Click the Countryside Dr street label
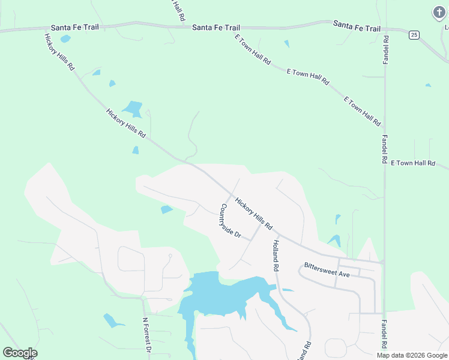click(x=230, y=222)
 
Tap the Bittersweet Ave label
click(x=327, y=269)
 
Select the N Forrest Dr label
click(x=146, y=335)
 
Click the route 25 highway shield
click(x=414, y=35)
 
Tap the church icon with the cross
click(x=439, y=12)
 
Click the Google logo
click(x=20, y=353)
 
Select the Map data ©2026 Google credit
click(x=412, y=355)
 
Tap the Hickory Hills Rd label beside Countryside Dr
click(x=254, y=214)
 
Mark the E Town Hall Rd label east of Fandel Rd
click(x=412, y=163)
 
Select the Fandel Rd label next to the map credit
click(x=384, y=334)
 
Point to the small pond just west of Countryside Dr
click(x=166, y=209)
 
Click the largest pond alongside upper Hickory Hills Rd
click(x=133, y=109)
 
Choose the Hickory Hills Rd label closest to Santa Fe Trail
click(x=59, y=53)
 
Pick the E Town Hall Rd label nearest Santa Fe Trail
click(x=253, y=50)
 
